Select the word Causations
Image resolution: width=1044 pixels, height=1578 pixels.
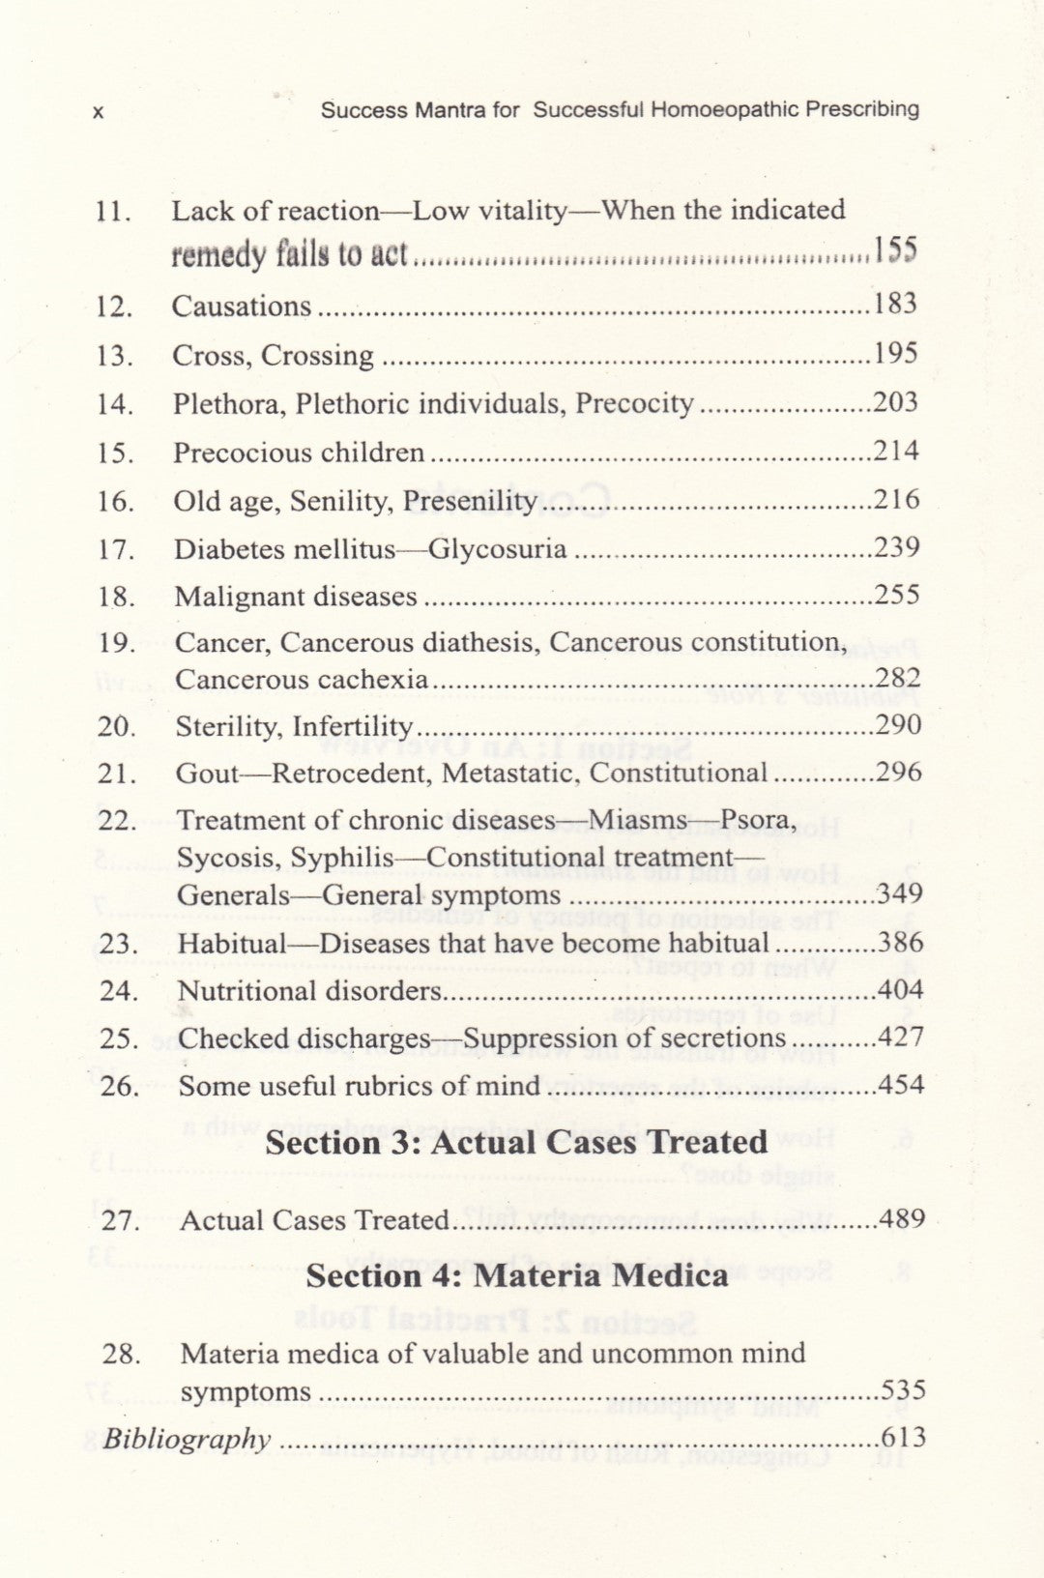tap(242, 307)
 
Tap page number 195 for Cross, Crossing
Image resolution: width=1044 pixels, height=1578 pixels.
tap(895, 353)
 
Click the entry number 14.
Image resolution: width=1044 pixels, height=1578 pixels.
tap(115, 404)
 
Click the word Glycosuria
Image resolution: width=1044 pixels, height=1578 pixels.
tap(497, 549)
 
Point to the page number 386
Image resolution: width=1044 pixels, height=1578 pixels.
tap(900, 942)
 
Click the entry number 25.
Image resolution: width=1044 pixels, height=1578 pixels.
tap(120, 1038)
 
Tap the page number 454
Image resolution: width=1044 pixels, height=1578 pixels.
tap(901, 1085)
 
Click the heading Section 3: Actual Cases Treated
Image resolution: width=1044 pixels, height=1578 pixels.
tap(516, 1142)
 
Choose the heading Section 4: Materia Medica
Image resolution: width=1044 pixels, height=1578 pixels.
tap(516, 1275)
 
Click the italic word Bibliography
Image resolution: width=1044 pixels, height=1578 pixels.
tap(187, 1439)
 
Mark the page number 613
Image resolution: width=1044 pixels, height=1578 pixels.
tap(903, 1437)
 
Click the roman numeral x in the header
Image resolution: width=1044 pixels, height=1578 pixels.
tap(98, 112)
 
